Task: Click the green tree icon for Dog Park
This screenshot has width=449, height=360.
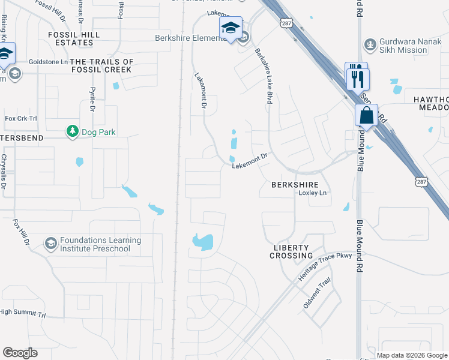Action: pyautogui.click(x=72, y=131)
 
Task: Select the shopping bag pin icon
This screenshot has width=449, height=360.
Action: pyautogui.click(x=366, y=115)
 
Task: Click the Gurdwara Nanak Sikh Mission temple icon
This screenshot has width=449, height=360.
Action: pyautogui.click(x=370, y=44)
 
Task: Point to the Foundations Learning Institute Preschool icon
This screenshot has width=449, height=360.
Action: pyautogui.click(x=51, y=244)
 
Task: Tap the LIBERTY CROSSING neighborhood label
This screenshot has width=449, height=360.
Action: pyautogui.click(x=291, y=251)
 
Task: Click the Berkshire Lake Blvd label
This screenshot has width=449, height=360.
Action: pyautogui.click(x=262, y=76)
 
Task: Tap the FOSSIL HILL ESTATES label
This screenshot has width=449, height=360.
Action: pyautogui.click(x=73, y=39)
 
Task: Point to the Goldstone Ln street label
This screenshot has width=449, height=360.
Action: pyautogui.click(x=49, y=62)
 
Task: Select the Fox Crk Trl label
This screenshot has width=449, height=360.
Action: pyautogui.click(x=21, y=118)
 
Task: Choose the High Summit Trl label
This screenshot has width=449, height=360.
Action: pyautogui.click(x=23, y=313)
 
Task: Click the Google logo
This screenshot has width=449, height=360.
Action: pyautogui.click(x=20, y=353)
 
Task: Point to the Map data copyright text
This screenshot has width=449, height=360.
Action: pyautogui.click(x=411, y=355)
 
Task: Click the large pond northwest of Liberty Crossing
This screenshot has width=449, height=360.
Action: pyautogui.click(x=203, y=242)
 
